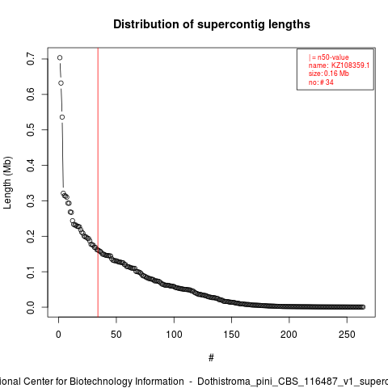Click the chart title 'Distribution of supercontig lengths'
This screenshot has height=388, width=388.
click(x=212, y=24)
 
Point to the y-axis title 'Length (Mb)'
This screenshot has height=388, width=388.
click(x=7, y=183)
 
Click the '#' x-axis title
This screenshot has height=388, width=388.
click(x=211, y=358)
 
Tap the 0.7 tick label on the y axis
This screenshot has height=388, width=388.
click(x=31, y=59)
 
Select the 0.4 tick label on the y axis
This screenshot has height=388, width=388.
click(x=31, y=165)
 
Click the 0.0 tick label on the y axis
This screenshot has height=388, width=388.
click(x=31, y=307)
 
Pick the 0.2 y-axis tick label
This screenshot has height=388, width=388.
click(x=31, y=236)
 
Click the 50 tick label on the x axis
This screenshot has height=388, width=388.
click(x=116, y=335)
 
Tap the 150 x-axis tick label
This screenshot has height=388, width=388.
click(x=231, y=335)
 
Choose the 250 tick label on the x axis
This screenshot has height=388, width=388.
click(x=347, y=335)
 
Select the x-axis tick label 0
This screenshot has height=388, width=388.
click(x=58, y=335)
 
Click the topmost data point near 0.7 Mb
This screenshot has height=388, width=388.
click(x=60, y=57)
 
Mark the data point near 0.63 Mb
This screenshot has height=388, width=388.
click(x=61, y=83)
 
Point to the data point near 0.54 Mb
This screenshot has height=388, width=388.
click(x=62, y=117)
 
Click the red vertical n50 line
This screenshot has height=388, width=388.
click(x=98, y=183)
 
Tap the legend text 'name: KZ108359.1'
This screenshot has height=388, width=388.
click(x=339, y=65)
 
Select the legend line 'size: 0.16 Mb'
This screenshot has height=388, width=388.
click(x=329, y=74)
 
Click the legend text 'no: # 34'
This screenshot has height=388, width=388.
click(x=321, y=82)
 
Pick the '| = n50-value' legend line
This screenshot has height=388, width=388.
click(x=329, y=57)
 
